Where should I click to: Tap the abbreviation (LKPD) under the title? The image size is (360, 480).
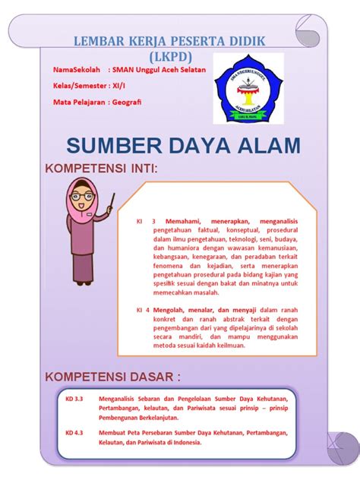pos(171,56)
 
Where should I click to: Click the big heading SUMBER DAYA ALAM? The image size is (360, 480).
pos(183,145)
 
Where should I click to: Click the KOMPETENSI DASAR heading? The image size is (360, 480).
pos(113,377)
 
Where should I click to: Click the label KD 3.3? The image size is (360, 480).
pos(74,397)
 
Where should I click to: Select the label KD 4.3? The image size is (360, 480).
pos(74,433)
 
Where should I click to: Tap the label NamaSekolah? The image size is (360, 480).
pos(78,71)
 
